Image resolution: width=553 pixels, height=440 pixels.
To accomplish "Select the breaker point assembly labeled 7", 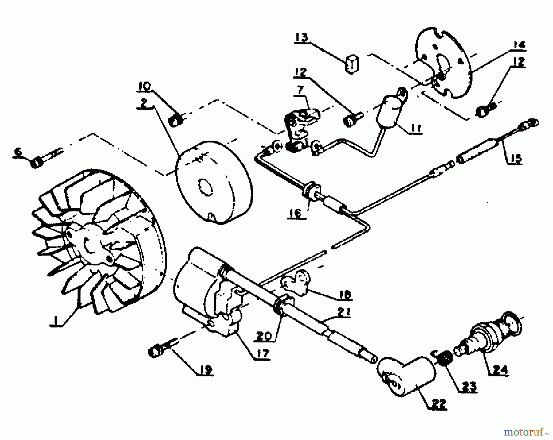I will point(300,129).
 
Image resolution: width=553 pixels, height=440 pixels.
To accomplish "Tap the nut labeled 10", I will point(176,120).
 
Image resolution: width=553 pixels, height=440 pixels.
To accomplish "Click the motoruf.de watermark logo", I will point(525,432).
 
